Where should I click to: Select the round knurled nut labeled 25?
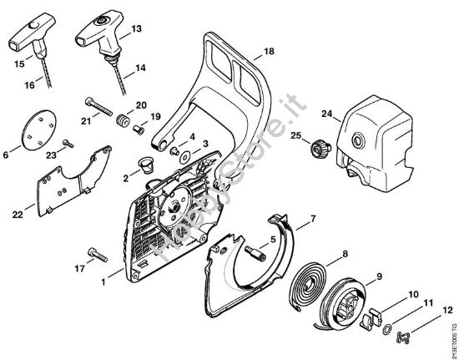coord(317,151)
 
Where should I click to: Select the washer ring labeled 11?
coord(388,329)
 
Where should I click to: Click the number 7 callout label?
coord(311,220)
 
